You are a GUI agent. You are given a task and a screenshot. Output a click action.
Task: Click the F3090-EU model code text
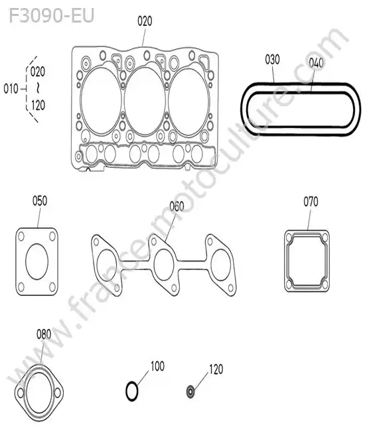click(x=52, y=15)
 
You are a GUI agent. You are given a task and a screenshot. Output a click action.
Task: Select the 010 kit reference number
click(x=11, y=89)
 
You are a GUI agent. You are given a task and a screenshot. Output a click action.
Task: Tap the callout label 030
click(x=272, y=60)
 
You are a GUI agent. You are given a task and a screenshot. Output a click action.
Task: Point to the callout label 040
click(x=316, y=63)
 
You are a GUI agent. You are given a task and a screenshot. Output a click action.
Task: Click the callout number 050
click(x=40, y=201)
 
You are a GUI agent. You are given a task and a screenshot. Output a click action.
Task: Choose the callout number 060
click(x=177, y=206)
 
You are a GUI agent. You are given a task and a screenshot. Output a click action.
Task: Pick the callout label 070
click(x=311, y=202)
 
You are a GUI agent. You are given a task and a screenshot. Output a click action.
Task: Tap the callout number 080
click(x=44, y=334)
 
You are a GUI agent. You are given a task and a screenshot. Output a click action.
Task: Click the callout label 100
click(x=157, y=366)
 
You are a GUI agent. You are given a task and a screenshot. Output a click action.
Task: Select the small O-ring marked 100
click(x=132, y=391)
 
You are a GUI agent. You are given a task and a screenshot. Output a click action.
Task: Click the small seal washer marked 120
click(x=190, y=391)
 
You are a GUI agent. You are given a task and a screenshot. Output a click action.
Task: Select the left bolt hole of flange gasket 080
click(x=21, y=393)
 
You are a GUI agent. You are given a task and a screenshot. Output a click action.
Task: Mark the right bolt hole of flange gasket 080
click(x=58, y=393)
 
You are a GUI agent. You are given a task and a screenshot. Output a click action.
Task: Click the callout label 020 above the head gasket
click(x=145, y=21)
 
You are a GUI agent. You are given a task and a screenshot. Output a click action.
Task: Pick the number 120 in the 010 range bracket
click(x=38, y=105)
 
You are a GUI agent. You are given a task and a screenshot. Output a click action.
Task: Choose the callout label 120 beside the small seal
click(x=216, y=369)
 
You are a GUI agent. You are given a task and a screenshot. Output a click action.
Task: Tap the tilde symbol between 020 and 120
click(x=38, y=88)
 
